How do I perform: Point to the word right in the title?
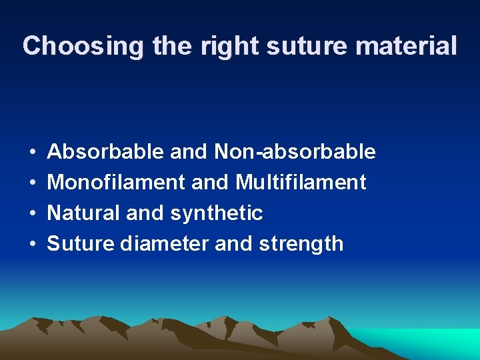coord(220,46)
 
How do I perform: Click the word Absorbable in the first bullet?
coord(106,152)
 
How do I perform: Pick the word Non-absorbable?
coord(295,152)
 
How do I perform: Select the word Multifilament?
coord(301,182)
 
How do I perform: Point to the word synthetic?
coord(217,213)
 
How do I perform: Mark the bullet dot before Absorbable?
coord(33,153)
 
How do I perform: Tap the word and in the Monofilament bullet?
coord(209,182)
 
